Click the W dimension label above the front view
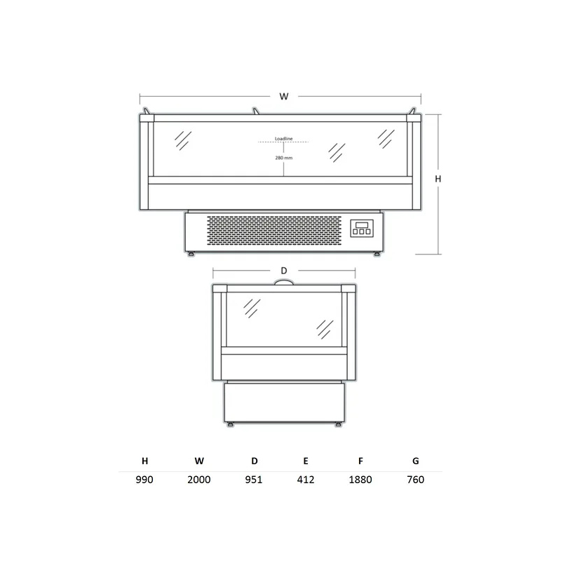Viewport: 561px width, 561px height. click(x=284, y=96)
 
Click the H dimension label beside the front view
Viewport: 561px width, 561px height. click(x=438, y=179)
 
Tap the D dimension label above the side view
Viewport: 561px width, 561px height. click(x=284, y=271)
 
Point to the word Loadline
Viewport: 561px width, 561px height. click(x=284, y=138)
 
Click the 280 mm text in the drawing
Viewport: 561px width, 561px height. click(x=284, y=158)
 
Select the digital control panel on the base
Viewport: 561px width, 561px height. click(x=362, y=229)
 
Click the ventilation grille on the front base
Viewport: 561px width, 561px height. click(x=274, y=231)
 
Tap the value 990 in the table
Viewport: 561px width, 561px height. click(x=144, y=480)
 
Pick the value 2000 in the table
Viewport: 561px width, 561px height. click(x=199, y=480)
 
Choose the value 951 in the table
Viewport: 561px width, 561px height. click(x=254, y=480)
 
